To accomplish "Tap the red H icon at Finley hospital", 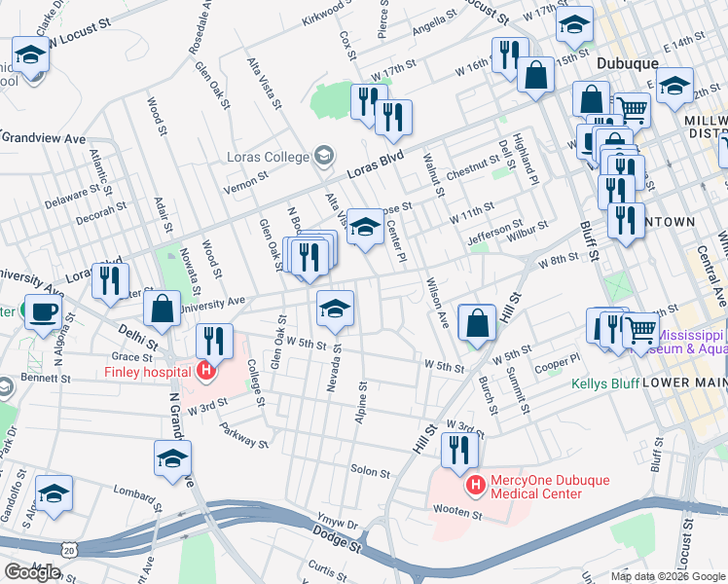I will [x=205, y=370].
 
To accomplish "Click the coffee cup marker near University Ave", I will [x=42, y=312].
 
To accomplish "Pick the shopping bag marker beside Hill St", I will [x=477, y=321].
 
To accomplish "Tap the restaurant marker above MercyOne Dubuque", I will [x=458, y=449].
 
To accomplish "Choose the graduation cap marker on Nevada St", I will [x=335, y=308].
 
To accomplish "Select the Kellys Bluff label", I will [x=605, y=384].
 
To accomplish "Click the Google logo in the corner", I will [x=32, y=572].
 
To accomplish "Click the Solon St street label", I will [x=370, y=471].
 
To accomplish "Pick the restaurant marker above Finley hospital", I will [x=214, y=341].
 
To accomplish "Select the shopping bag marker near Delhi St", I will [x=163, y=309].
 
